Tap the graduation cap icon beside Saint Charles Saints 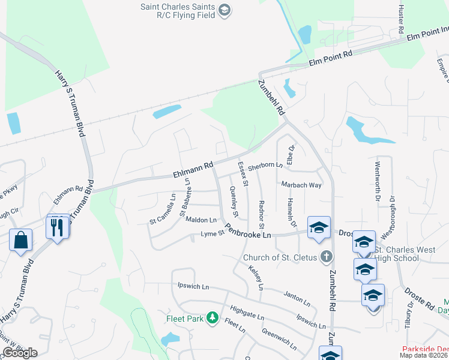224,9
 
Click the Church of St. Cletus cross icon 326,257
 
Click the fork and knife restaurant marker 57,227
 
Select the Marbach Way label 301,185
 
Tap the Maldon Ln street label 200,220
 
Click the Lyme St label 212,233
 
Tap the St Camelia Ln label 162,210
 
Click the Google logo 20,353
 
